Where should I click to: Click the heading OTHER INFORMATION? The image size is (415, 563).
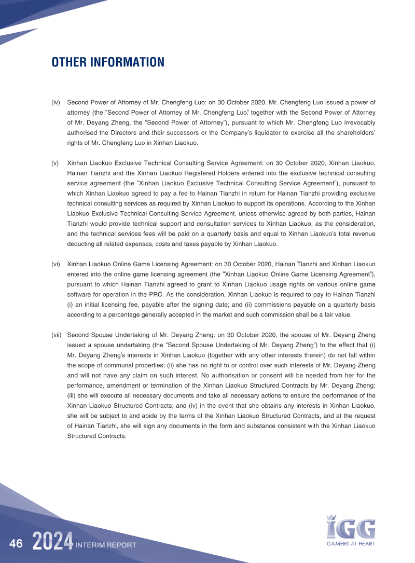[108, 63]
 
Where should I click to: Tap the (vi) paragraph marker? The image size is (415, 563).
[56, 264]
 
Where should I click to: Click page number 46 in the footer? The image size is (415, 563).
[16, 544]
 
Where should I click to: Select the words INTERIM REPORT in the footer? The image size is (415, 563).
[106, 545]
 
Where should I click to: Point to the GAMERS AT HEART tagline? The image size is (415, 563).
[351, 544]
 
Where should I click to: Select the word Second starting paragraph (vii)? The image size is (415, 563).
[79, 335]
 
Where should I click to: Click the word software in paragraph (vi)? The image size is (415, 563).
[80, 295]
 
